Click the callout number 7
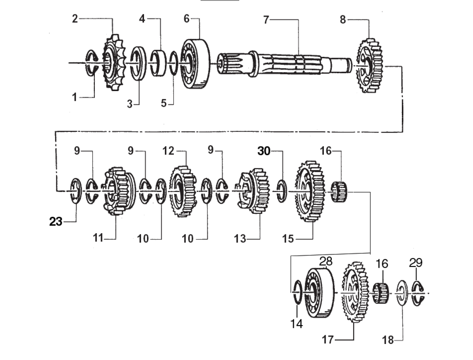266,20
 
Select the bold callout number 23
56,221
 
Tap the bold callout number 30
264,151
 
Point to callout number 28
326,261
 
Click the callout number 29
415,262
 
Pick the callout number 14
296,323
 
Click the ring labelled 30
281,191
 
